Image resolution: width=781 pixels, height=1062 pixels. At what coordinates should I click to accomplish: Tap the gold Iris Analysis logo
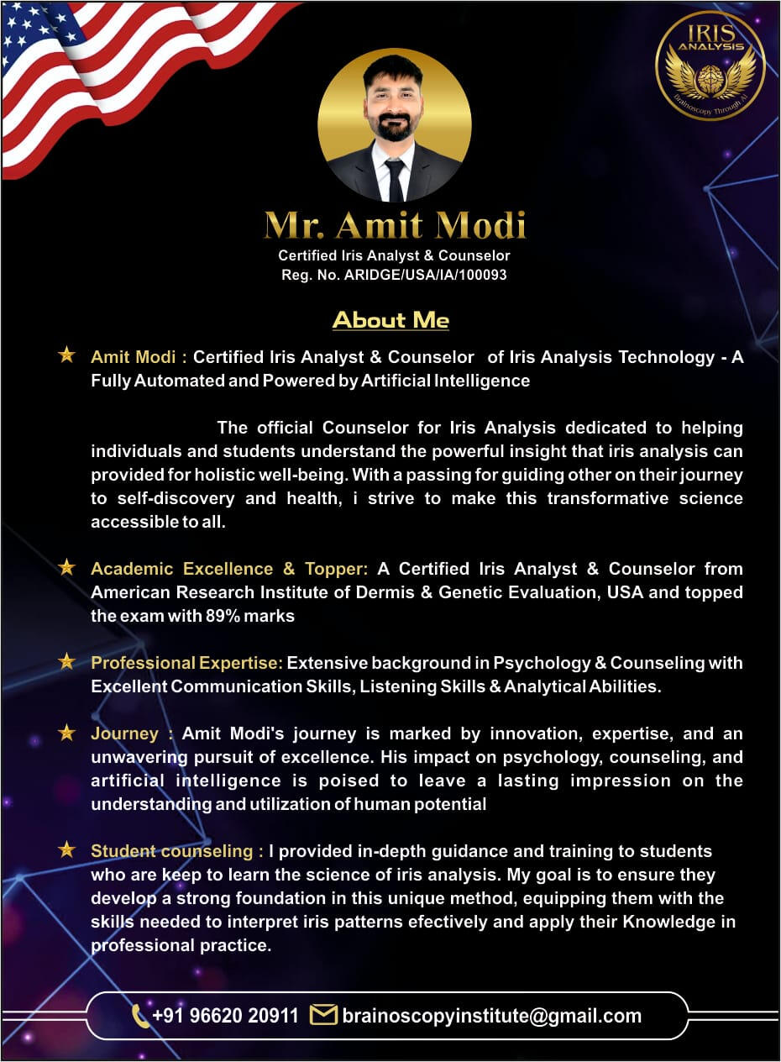point(710,66)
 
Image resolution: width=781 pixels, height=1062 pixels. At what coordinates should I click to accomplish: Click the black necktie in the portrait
point(395,177)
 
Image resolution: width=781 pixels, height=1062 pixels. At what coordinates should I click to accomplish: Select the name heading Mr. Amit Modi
point(395,225)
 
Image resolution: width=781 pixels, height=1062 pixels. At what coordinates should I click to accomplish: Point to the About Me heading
point(390,320)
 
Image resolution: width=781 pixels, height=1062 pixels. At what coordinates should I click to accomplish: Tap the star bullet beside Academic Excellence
point(66,568)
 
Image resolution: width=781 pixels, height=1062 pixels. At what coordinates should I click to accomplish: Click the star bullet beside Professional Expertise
point(66,662)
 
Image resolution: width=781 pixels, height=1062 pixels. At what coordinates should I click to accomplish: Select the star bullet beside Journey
point(66,733)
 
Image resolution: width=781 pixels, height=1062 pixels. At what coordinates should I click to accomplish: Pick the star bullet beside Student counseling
point(66,850)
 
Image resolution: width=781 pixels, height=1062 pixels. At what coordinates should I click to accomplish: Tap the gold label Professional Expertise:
point(186,663)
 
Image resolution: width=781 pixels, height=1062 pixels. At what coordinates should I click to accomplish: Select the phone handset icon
point(140,1016)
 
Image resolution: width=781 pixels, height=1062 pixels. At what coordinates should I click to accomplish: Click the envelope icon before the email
point(322,1015)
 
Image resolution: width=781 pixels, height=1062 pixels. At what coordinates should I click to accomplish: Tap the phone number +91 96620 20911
point(225,1016)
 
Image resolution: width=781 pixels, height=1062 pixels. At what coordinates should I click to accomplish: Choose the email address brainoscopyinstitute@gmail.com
point(491,1016)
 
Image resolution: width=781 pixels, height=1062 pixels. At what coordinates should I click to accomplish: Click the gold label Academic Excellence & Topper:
point(229,569)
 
